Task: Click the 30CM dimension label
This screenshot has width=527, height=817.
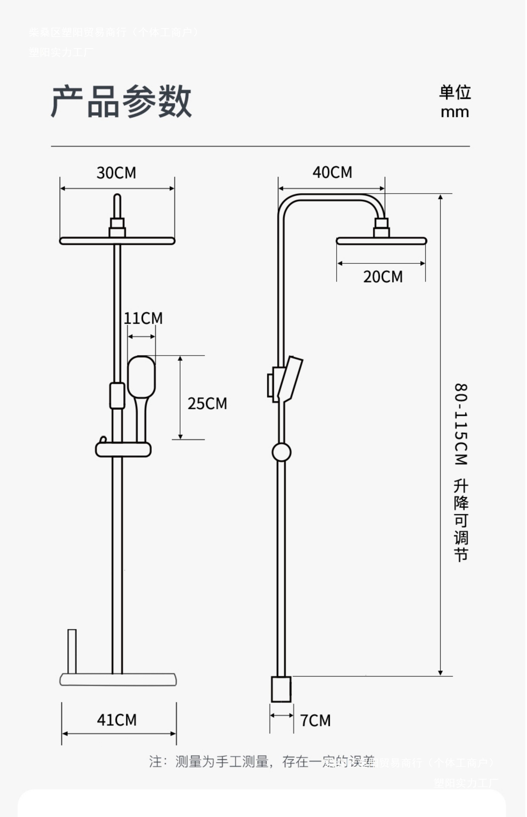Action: click(116, 173)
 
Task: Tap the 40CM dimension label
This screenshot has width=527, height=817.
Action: click(332, 172)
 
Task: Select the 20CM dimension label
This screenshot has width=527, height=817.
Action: click(382, 277)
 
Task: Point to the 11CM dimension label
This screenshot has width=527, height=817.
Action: click(143, 318)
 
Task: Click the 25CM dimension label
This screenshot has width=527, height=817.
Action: click(207, 403)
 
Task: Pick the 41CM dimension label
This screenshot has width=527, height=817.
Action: click(117, 720)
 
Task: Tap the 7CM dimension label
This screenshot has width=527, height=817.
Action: click(315, 720)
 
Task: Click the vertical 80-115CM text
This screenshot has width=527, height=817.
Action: click(461, 424)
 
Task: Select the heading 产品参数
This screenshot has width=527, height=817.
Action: click(122, 101)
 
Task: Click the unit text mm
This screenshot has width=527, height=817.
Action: click(455, 112)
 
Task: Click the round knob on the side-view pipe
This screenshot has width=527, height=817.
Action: click(281, 452)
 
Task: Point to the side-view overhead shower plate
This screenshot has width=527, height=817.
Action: click(381, 241)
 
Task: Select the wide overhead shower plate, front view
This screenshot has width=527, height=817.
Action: click(117, 241)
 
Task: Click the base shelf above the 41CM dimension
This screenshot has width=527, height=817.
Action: click(118, 679)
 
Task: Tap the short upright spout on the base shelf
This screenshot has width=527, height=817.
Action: click(72, 651)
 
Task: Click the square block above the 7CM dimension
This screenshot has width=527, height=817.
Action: click(281, 689)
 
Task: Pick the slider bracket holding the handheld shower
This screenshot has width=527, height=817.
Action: click(123, 449)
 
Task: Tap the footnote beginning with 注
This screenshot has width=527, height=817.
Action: click(261, 761)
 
